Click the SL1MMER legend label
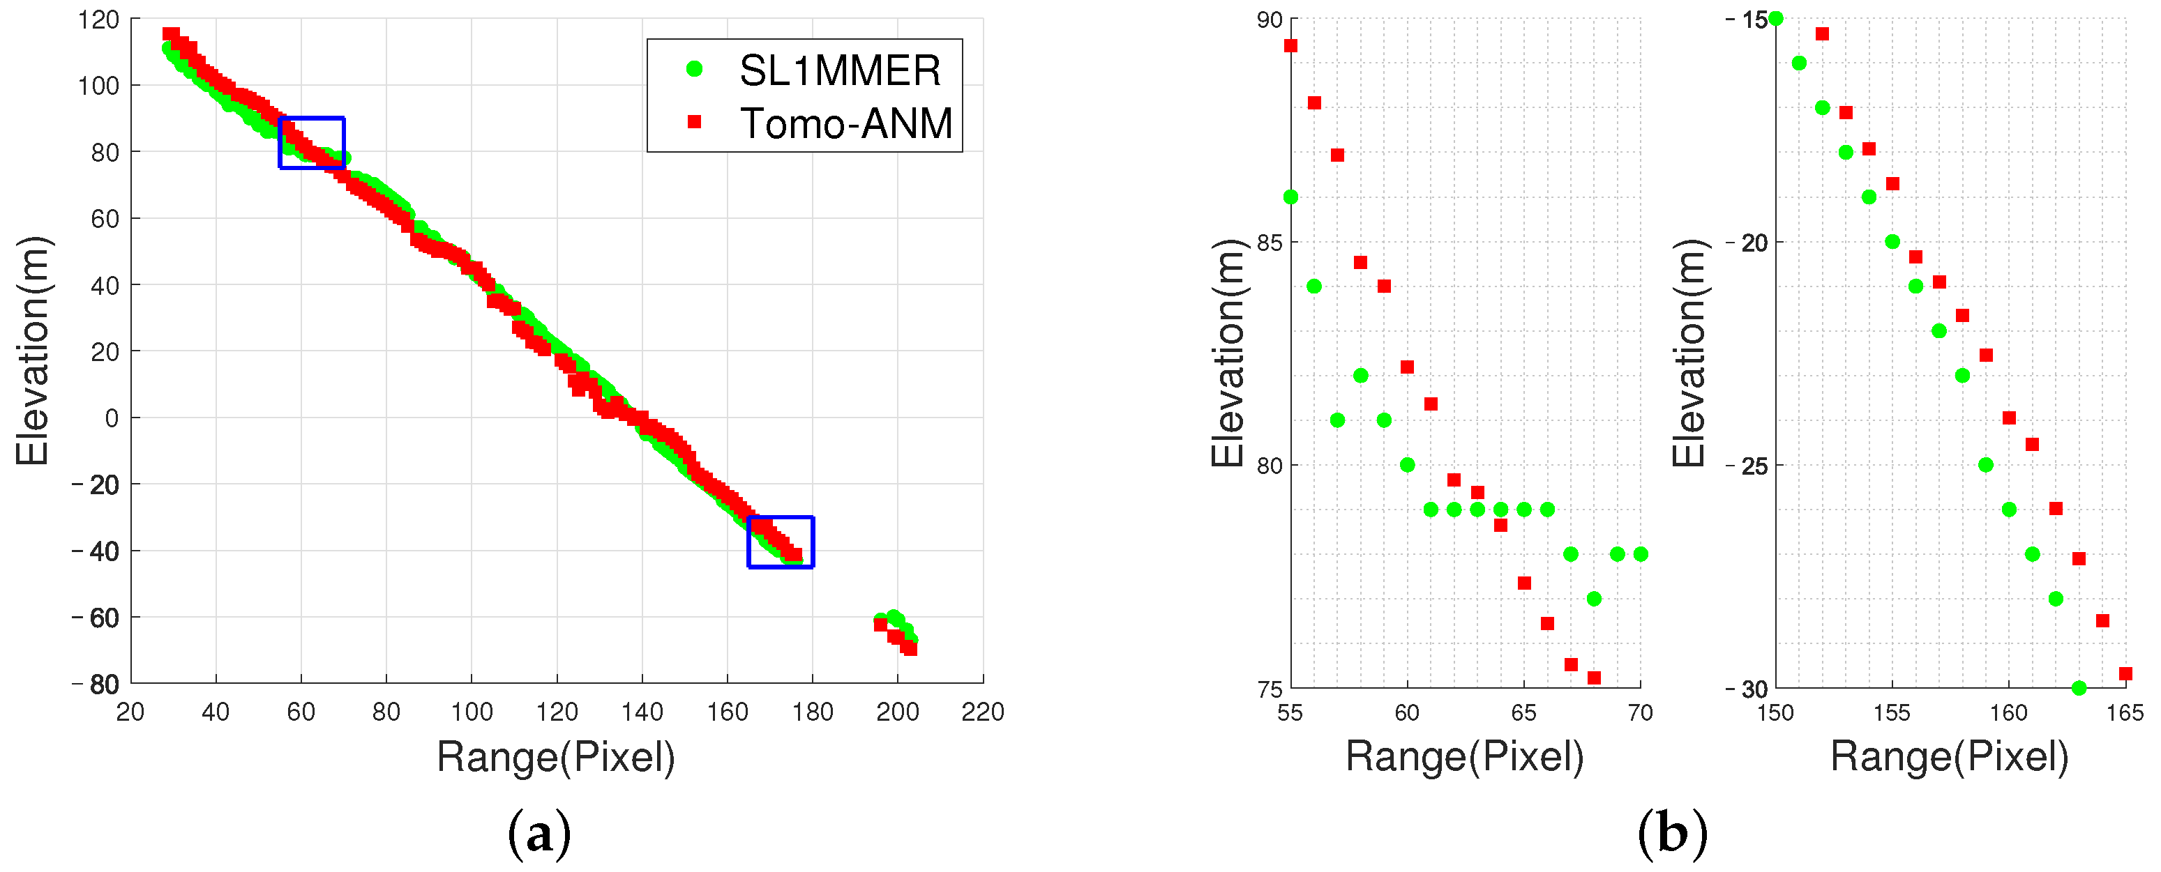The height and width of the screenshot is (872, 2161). point(839,70)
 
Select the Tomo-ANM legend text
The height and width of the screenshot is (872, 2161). point(845,124)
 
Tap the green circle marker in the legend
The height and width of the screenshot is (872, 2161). point(694,70)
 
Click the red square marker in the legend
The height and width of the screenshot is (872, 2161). point(694,123)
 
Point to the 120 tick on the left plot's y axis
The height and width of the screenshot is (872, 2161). point(99,20)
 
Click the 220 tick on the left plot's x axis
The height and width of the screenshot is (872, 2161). point(982,712)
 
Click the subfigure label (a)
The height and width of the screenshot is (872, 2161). point(539,834)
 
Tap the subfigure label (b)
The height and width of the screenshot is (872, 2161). point(1672,834)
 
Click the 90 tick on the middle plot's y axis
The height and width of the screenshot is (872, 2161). point(1270,20)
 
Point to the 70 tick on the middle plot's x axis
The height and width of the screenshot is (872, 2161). point(1640,712)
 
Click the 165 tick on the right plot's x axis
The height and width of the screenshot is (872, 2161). point(2125,712)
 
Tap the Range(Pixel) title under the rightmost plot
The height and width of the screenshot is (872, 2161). point(1949,756)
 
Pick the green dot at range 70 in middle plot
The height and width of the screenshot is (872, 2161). point(1641,554)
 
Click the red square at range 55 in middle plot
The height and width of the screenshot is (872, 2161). point(1291,45)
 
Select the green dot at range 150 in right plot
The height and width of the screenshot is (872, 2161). point(1776,18)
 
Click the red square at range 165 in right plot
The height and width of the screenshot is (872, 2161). point(2125,673)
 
